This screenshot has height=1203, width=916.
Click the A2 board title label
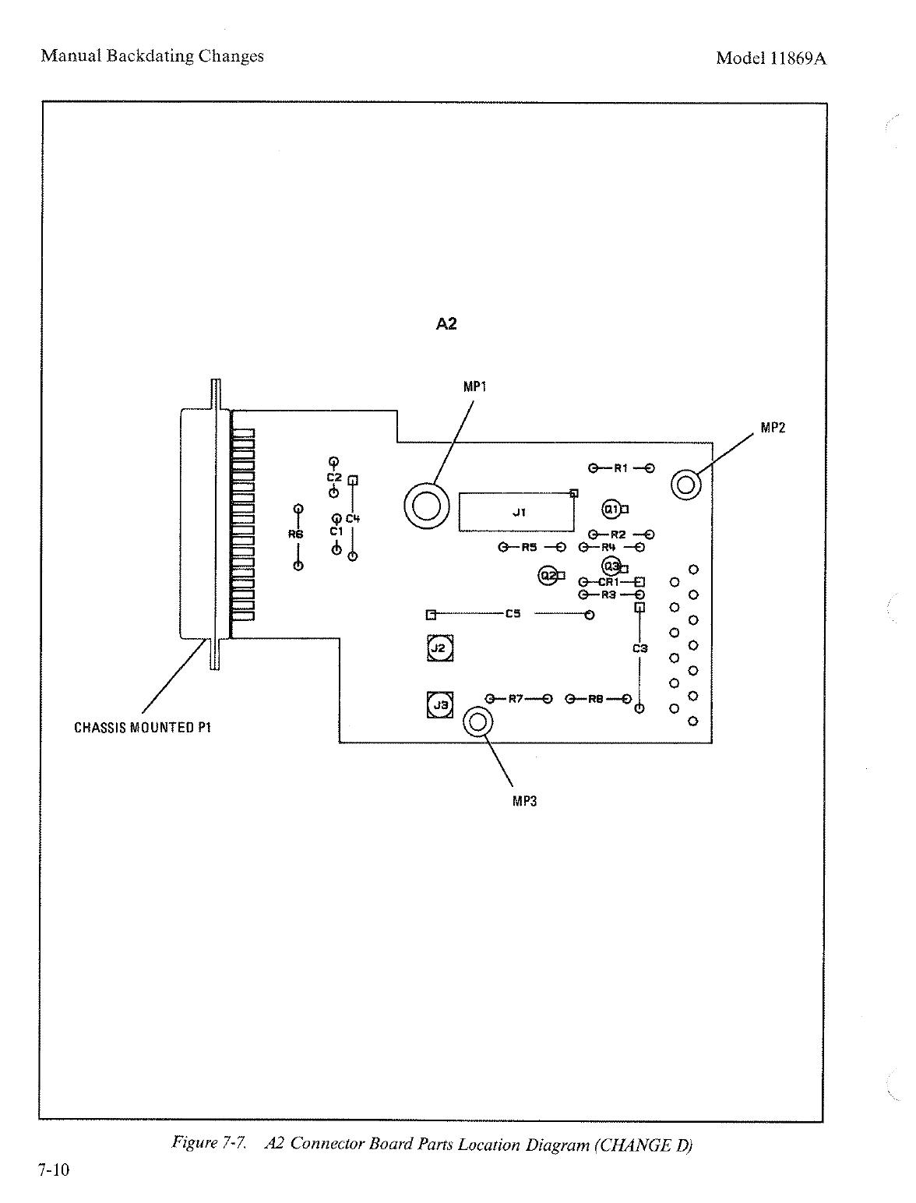click(x=446, y=323)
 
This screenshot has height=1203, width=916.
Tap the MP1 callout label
click(x=475, y=386)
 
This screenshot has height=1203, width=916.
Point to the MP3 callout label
click(x=525, y=800)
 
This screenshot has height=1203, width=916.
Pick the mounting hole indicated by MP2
click(x=686, y=485)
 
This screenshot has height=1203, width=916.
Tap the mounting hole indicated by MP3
click(x=477, y=723)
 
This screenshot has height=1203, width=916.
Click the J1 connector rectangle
click(x=516, y=512)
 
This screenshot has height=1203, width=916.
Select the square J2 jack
click(x=439, y=648)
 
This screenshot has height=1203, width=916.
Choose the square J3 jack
click(x=440, y=705)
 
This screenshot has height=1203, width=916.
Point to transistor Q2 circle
click(x=549, y=576)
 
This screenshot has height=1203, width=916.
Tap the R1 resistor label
click(x=621, y=468)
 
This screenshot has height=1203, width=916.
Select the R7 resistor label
click(x=516, y=698)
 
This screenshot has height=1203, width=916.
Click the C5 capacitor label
click(x=513, y=614)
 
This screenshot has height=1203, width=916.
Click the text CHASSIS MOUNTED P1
click(x=143, y=728)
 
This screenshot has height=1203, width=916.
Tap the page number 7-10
click(x=54, y=1170)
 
